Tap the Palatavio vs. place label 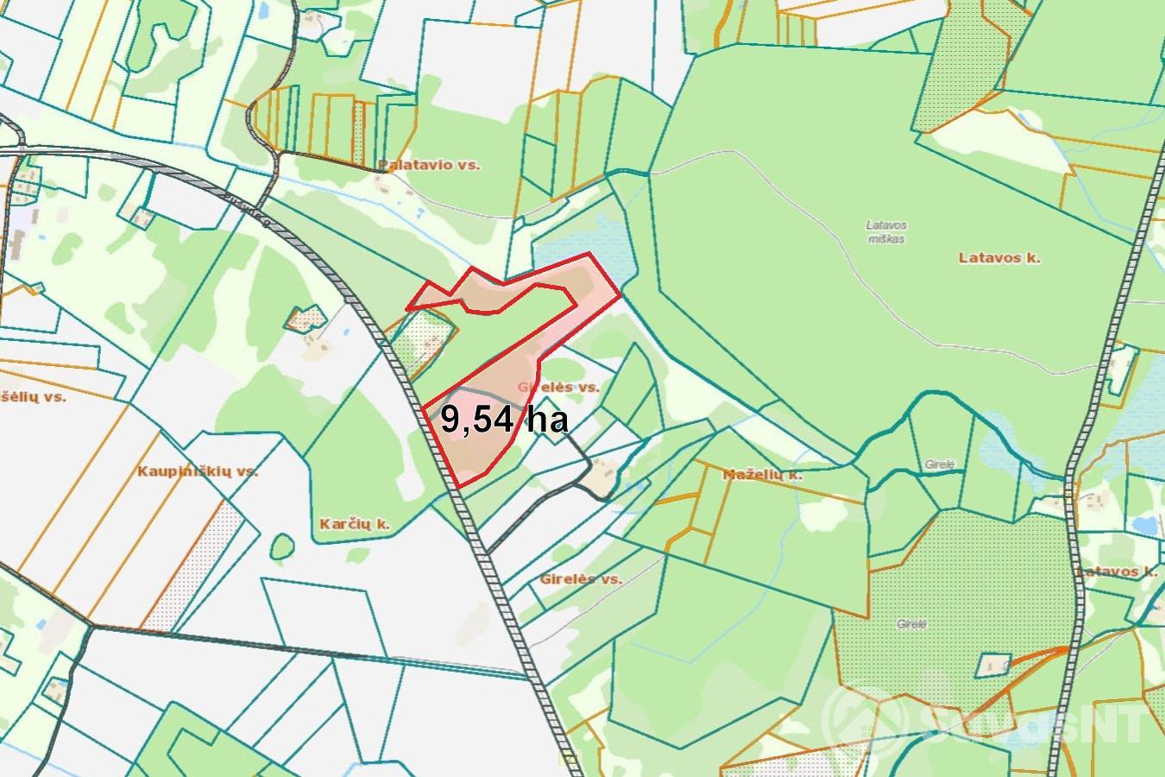[428, 164]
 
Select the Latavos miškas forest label [886, 232]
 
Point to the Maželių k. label [762, 474]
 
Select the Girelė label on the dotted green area [911, 623]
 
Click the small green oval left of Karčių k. [281, 546]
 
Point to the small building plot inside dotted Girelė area [993, 665]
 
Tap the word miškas [886, 239]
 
